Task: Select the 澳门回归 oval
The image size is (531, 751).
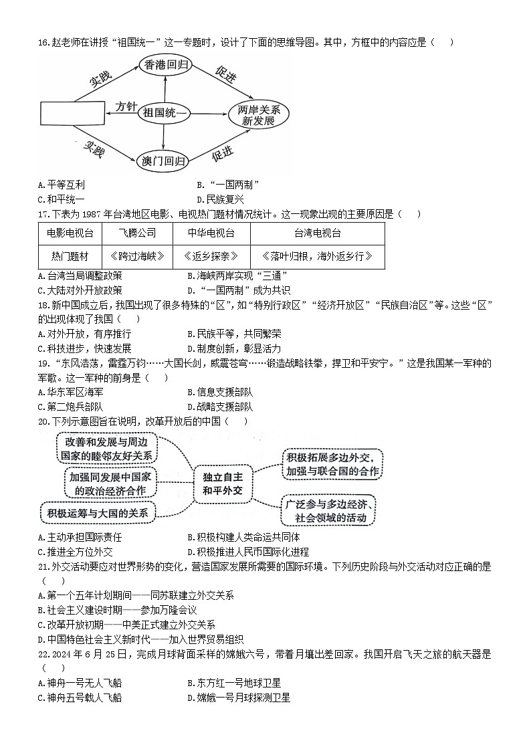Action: click(x=165, y=161)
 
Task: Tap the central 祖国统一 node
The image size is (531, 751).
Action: click(x=165, y=113)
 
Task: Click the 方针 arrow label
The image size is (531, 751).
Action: click(x=126, y=106)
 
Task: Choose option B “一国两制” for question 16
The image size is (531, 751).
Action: click(x=228, y=185)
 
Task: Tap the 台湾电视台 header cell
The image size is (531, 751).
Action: click(x=317, y=233)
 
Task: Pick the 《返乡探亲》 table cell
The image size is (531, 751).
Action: click(x=211, y=256)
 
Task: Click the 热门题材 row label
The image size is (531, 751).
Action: click(x=70, y=256)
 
